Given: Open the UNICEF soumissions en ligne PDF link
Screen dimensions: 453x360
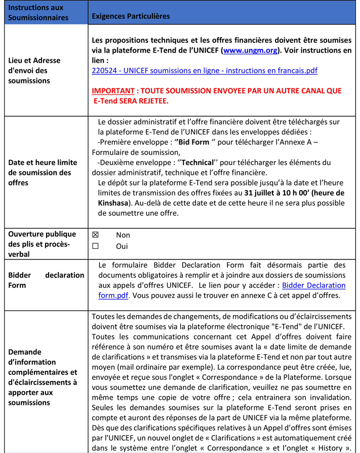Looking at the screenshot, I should pyautogui.click(x=205, y=70).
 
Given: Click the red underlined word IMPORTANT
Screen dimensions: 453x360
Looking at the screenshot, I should pyautogui.click(x=113, y=91).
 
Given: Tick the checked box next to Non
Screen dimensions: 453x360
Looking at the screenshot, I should pyautogui.click(x=95, y=235).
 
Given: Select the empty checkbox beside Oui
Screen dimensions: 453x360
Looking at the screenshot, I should pyautogui.click(x=95, y=246).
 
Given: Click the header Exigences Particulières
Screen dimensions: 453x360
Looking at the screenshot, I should pyautogui.click(x=131, y=16).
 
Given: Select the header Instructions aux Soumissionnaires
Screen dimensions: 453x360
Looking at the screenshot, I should pyautogui.click(x=38, y=13).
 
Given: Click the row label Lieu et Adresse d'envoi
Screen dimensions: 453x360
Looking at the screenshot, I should pyautogui.click(x=34, y=70).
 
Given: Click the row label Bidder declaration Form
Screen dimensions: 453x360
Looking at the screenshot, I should pyautogui.click(x=46, y=280).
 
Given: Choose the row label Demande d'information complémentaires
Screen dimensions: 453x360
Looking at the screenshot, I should pyautogui.click(x=43, y=377).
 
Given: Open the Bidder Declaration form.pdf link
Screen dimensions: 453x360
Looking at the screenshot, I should pyautogui.click(x=313, y=285).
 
